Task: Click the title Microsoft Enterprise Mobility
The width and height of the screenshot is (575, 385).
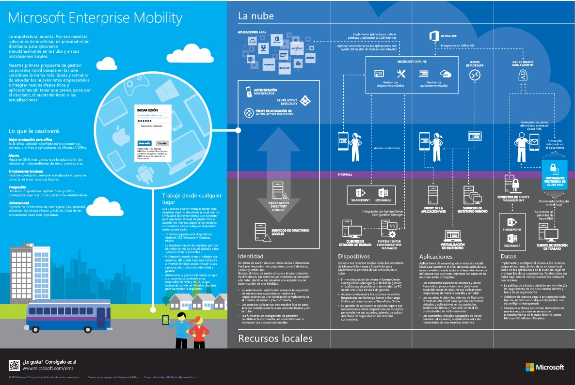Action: coord(96,18)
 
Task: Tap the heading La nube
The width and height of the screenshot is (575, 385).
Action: coord(256,16)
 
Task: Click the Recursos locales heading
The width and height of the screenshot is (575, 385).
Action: coord(275,338)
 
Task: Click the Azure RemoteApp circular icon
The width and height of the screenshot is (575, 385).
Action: coord(474,75)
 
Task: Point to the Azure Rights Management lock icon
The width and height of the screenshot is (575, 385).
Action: coord(523,75)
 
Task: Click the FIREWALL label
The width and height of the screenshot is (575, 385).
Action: coord(345,174)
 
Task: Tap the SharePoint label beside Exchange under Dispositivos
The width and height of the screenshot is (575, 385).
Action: coord(361,200)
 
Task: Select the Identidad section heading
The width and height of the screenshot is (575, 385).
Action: coord(251,256)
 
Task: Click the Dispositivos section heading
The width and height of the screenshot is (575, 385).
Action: coord(354,256)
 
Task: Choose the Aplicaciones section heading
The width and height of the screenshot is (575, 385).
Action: coord(436,256)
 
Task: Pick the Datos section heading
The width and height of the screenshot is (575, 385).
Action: coord(508,256)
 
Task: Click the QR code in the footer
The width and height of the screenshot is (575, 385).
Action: coord(15,365)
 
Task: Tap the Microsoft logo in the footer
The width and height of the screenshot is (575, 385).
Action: coord(544,367)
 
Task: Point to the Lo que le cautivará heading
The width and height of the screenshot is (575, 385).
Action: coord(33,131)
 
